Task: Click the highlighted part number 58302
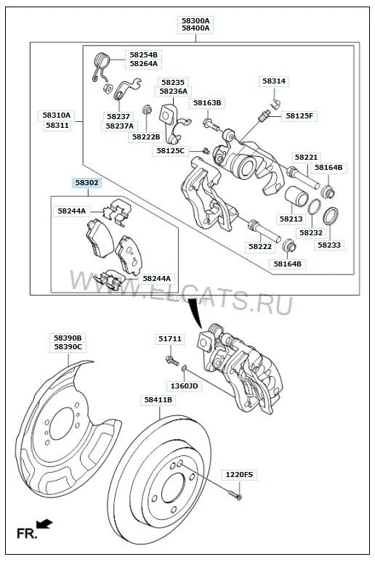86,183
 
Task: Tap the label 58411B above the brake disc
158,399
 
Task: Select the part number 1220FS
239,475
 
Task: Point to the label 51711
170,338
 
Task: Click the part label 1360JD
184,386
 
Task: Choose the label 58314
274,81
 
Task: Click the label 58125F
299,115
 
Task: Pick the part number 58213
291,219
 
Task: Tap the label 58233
329,245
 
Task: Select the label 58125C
171,151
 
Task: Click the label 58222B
146,137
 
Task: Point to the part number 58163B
207,103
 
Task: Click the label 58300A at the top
195,20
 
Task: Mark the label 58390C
68,347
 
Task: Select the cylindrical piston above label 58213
297,197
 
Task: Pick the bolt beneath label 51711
172,361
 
